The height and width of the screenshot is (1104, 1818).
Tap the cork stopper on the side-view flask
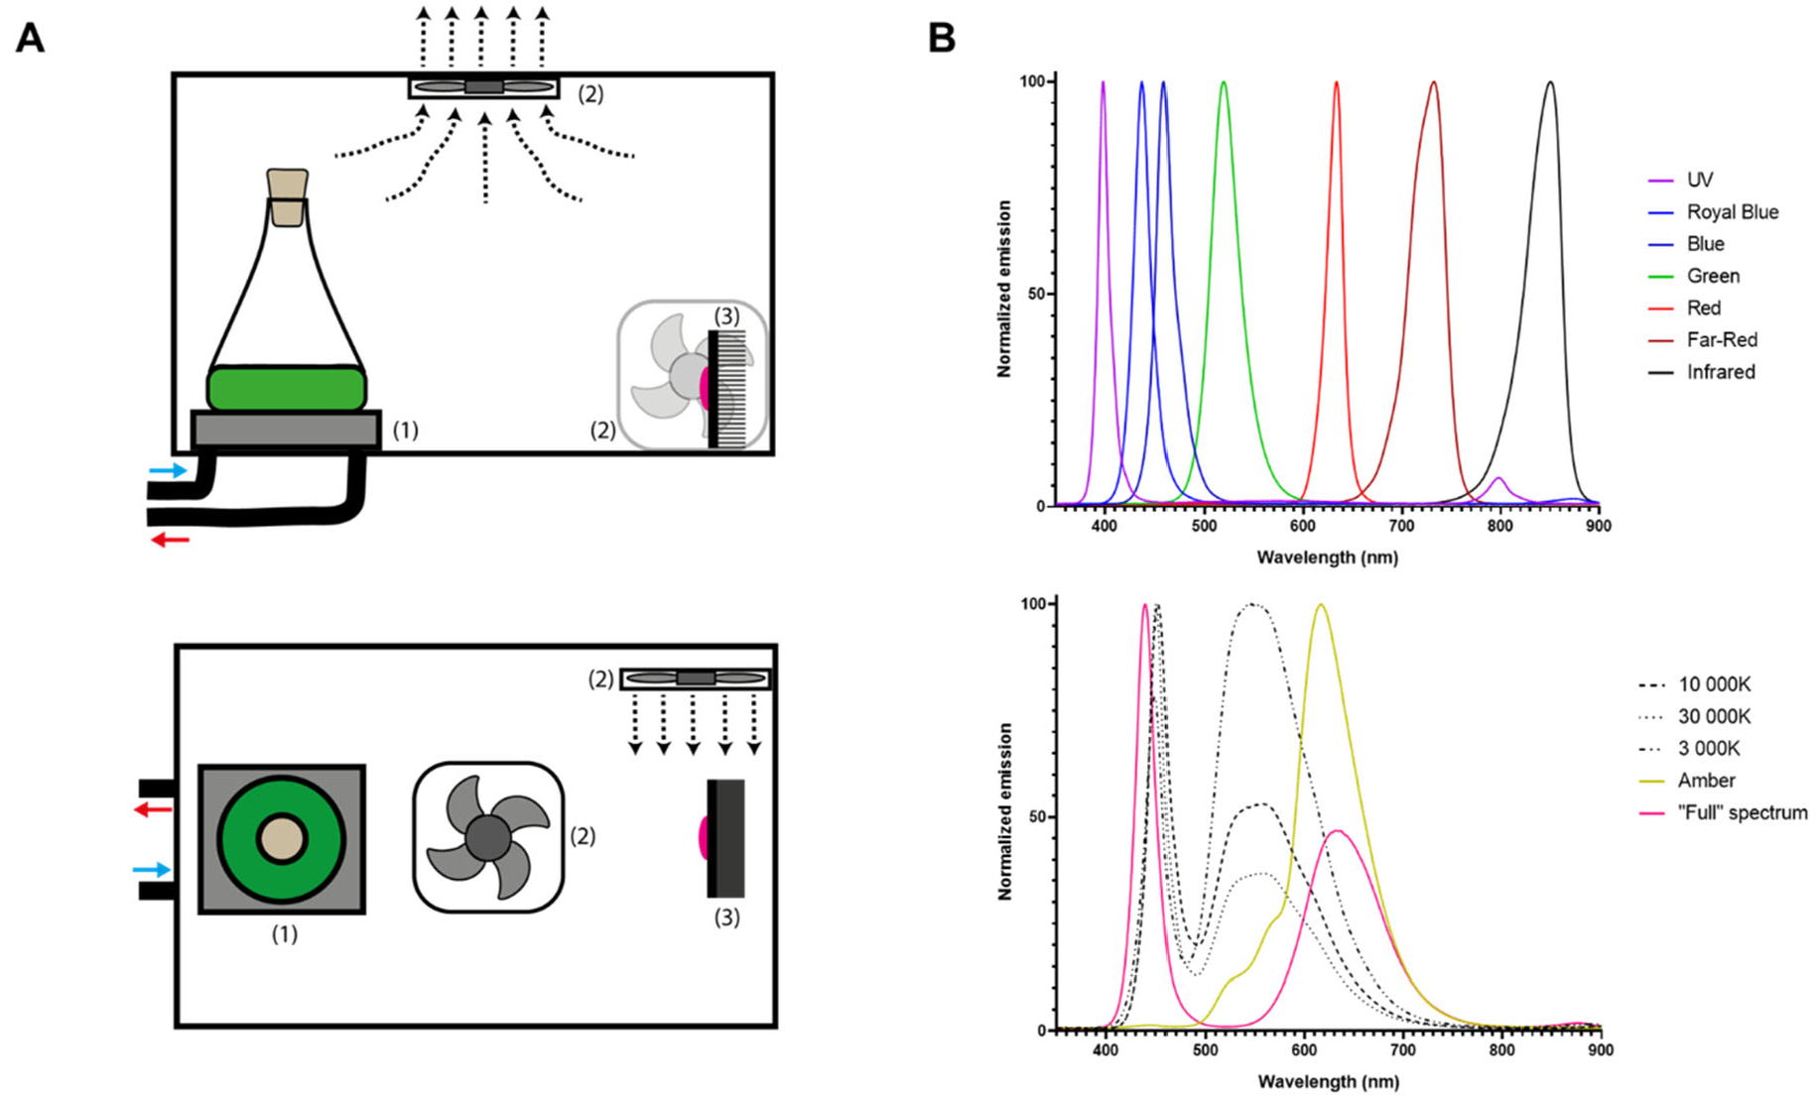pyautogui.click(x=288, y=196)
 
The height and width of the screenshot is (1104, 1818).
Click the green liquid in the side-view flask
pyautogui.click(x=287, y=389)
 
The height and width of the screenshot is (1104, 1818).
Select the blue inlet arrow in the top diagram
pyautogui.click(x=168, y=470)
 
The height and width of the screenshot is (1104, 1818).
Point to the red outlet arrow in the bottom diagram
pyautogui.click(x=154, y=809)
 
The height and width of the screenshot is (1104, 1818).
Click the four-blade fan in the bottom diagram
pyautogui.click(x=488, y=837)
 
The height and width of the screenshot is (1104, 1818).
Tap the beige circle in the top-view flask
pyautogui.click(x=282, y=839)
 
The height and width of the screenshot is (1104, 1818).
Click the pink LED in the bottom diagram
pyautogui.click(x=704, y=837)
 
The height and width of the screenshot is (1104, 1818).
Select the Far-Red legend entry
pyautogui.click(x=1721, y=340)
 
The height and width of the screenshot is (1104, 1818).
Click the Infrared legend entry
pyautogui.click(x=1720, y=372)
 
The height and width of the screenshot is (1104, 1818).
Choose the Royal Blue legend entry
pyautogui.click(x=1732, y=212)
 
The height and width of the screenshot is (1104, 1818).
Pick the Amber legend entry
pyautogui.click(x=1706, y=781)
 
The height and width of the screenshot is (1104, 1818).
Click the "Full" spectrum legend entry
pyautogui.click(x=1742, y=812)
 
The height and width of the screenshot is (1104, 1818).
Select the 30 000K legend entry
pyautogui.click(x=1714, y=716)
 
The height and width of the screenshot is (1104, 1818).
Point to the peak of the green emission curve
pyautogui.click(x=1224, y=83)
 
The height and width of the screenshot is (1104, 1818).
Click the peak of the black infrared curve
pyautogui.click(x=1550, y=83)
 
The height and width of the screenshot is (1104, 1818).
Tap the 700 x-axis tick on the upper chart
pyautogui.click(x=1401, y=526)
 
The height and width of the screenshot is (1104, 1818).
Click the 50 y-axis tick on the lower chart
pyautogui.click(x=1032, y=817)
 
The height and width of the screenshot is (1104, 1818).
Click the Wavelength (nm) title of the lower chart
pyautogui.click(x=1328, y=1081)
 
